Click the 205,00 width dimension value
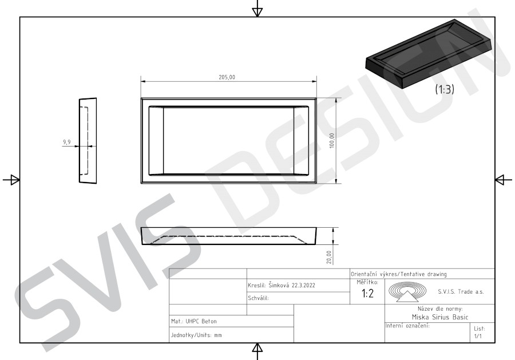point(227,77)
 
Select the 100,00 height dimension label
point(332,141)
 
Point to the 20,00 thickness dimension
point(329,257)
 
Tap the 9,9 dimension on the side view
point(67,143)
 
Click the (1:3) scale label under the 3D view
point(445,89)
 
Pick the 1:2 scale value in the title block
point(367,293)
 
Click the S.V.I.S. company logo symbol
point(407,292)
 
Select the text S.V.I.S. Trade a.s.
point(461,292)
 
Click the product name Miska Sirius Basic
point(440,317)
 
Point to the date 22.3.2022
point(303,286)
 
